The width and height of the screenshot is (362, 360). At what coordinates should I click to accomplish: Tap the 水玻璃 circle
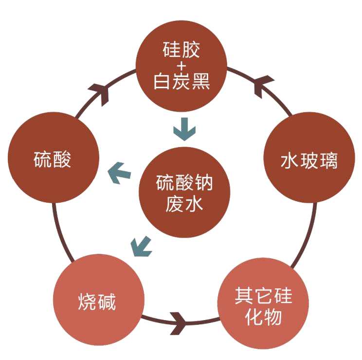309,160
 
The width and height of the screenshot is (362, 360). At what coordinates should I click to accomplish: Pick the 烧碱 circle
97,303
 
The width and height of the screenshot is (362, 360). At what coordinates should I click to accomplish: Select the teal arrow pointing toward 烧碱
142,246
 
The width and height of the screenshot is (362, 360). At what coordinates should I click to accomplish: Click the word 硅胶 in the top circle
181,50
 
